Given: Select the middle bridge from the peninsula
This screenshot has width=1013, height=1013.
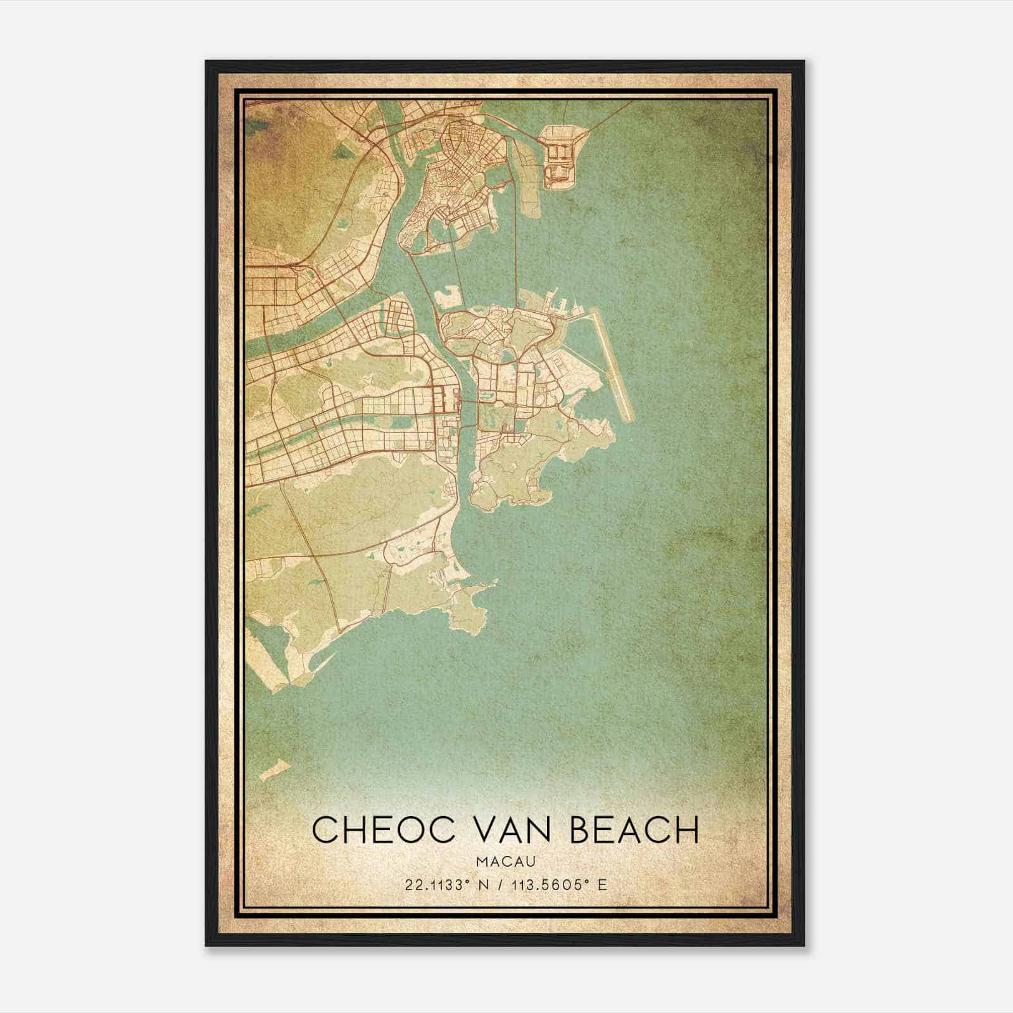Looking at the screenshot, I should click(x=458, y=266).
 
